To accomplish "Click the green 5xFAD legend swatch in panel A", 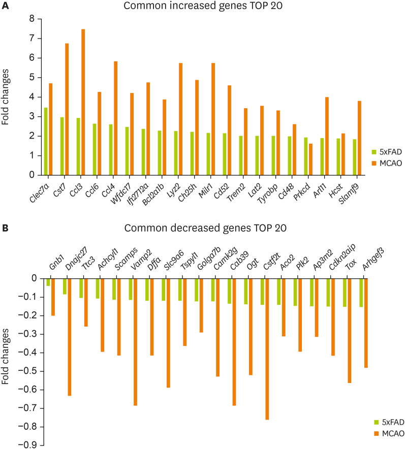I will [x=374, y=151].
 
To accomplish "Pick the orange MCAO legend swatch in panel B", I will [x=374, y=433].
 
